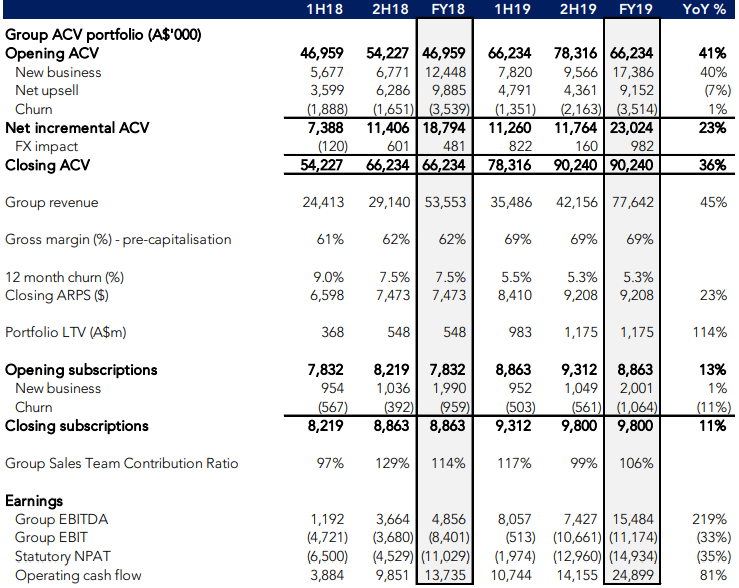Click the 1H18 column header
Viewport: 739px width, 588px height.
click(325, 9)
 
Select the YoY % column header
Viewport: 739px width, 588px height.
click(705, 9)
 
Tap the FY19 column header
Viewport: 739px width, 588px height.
click(635, 9)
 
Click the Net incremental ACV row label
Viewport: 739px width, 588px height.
click(77, 128)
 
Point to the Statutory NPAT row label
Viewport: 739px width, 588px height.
click(63, 556)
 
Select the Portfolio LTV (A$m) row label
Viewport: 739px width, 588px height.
click(66, 333)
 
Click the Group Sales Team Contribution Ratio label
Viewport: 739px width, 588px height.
click(122, 463)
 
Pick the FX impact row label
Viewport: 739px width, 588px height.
click(46, 147)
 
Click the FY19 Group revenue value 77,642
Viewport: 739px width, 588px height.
click(632, 203)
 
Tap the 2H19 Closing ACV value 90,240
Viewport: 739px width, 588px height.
click(576, 165)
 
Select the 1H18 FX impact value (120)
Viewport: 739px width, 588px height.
click(333, 147)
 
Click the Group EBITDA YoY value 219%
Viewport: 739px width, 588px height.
click(709, 519)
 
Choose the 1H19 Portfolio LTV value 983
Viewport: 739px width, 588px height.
click(520, 333)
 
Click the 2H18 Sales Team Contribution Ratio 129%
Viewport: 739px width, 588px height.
click(392, 463)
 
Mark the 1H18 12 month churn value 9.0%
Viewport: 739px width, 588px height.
click(328, 277)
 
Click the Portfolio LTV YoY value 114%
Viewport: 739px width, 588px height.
click(709, 333)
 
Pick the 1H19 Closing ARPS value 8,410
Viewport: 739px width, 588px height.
click(515, 295)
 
